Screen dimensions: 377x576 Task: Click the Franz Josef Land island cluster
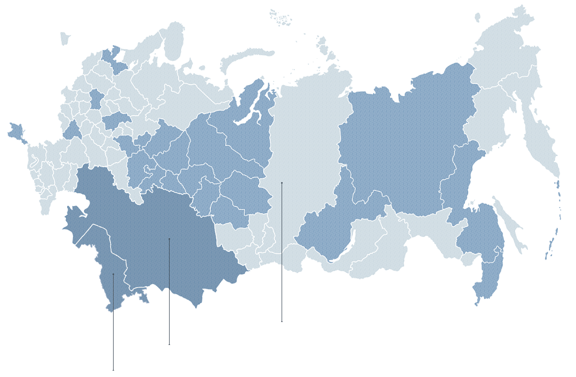(x=280, y=17)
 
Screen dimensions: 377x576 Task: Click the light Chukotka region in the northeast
(x=507, y=48)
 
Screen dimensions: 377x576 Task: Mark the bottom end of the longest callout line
(x=282, y=322)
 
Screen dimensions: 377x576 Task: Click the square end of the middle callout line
(x=170, y=345)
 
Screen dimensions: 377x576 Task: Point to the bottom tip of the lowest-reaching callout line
(x=113, y=370)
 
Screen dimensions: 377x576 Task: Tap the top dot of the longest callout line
(x=282, y=183)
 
